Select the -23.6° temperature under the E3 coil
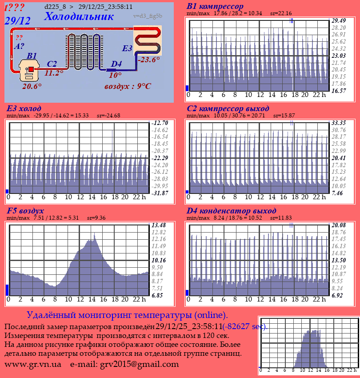click(x=148, y=60)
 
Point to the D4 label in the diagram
click(x=116, y=64)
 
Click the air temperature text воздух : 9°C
click(x=128, y=86)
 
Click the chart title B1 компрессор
click(x=215, y=6)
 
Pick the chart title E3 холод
click(x=24, y=109)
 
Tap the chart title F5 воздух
click(x=25, y=210)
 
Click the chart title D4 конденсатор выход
click(x=232, y=210)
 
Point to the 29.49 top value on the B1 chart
click(x=339, y=20)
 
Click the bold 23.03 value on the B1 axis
click(x=339, y=56)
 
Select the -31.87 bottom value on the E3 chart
click(x=159, y=193)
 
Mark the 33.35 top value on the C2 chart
click(x=339, y=123)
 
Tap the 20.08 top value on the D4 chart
click(x=339, y=225)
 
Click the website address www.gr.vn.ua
click(x=33, y=364)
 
